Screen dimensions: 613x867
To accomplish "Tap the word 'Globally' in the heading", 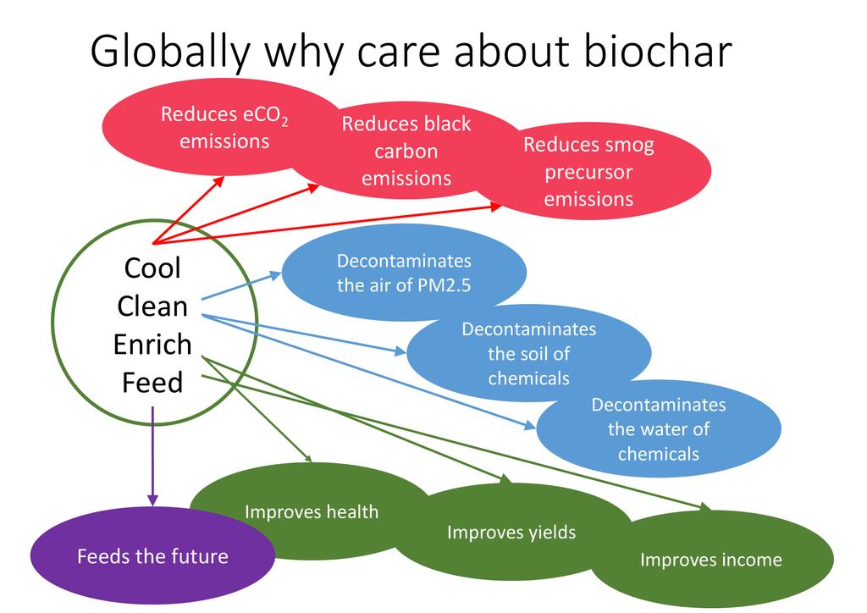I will [170, 52].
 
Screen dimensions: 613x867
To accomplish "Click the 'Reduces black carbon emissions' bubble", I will [406, 151].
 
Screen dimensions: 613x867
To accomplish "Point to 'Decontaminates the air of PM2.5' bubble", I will [404, 273].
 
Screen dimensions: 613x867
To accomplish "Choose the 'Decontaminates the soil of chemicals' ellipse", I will [528, 353].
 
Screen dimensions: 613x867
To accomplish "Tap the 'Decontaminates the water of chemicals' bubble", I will [658, 428].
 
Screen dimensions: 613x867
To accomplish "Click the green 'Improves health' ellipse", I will [311, 511].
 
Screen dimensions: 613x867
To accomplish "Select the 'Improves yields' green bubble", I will [511, 533].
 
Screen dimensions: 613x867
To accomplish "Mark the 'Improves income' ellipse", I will [710, 560].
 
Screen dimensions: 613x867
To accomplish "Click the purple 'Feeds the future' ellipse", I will [152, 556].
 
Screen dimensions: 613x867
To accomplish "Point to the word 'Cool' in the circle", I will [152, 268].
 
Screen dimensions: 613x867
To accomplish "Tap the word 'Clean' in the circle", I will [152, 306].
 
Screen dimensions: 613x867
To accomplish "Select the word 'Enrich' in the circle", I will [152, 345].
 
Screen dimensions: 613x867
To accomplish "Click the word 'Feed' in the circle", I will [152, 383].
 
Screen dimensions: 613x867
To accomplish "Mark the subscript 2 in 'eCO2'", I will [285, 122].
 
